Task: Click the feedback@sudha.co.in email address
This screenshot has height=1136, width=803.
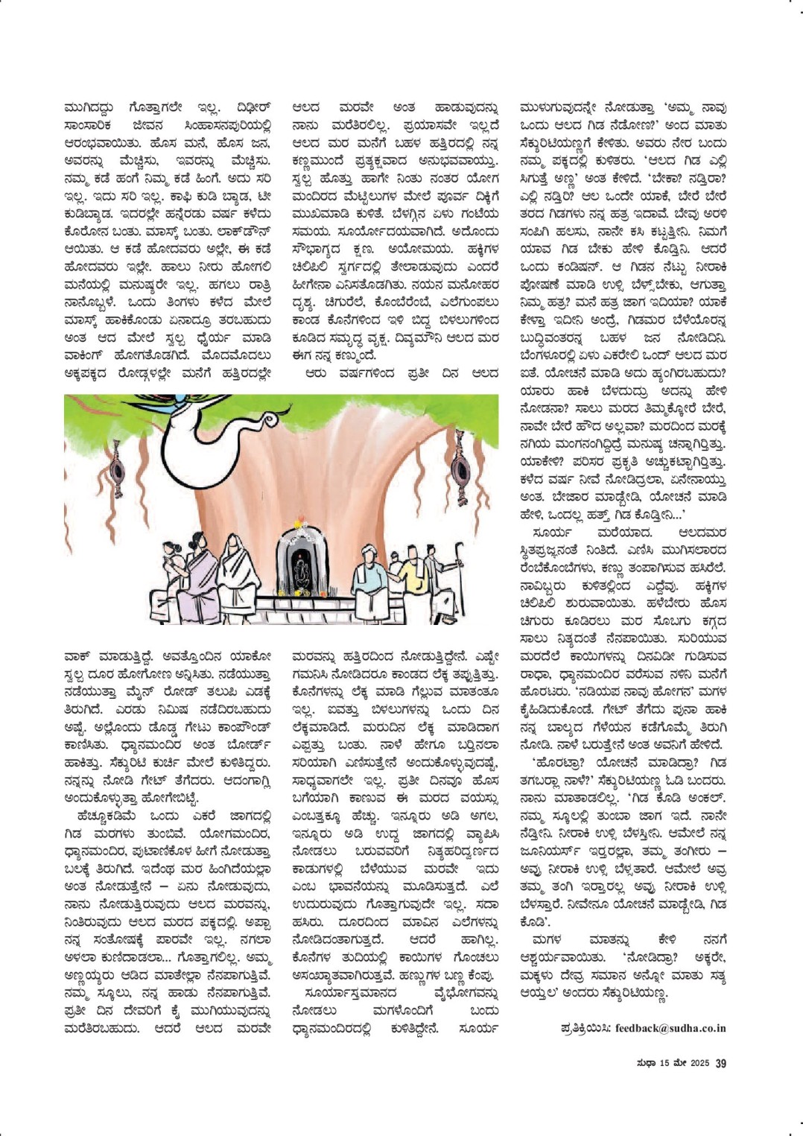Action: pyautogui.click(x=670, y=1028)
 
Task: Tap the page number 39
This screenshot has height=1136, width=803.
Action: pyautogui.click(x=720, y=1063)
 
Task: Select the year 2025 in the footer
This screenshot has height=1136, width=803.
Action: pyautogui.click(x=699, y=1063)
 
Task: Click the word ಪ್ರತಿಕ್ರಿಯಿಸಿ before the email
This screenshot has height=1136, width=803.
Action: pyautogui.click(x=586, y=1028)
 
